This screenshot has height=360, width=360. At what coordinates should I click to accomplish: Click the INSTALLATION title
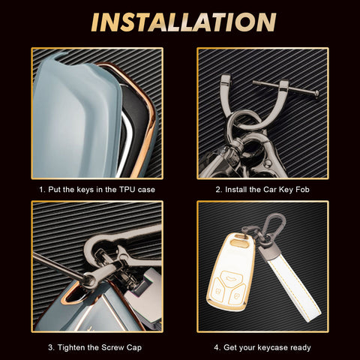click(184, 22)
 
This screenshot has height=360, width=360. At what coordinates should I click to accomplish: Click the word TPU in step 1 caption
click(127, 190)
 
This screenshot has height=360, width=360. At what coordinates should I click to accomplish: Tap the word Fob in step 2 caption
click(302, 190)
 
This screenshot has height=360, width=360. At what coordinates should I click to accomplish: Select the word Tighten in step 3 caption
click(72, 347)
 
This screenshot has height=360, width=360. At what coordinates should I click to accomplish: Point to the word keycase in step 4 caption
click(271, 348)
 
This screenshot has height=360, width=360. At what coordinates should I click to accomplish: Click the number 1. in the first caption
click(43, 190)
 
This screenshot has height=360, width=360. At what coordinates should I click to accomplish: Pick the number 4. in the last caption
click(217, 347)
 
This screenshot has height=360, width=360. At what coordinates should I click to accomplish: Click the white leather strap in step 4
click(291, 282)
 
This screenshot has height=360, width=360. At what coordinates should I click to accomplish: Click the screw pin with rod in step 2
click(285, 88)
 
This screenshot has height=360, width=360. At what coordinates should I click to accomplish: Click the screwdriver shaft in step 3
click(58, 265)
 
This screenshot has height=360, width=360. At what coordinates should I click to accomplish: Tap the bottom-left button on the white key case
click(217, 290)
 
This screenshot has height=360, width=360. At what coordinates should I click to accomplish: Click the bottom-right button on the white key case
click(237, 294)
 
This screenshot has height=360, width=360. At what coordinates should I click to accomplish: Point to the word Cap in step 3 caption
click(134, 348)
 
